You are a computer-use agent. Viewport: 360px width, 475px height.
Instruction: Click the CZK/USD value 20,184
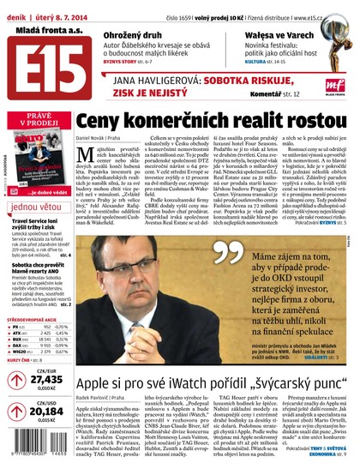(46, 411)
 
